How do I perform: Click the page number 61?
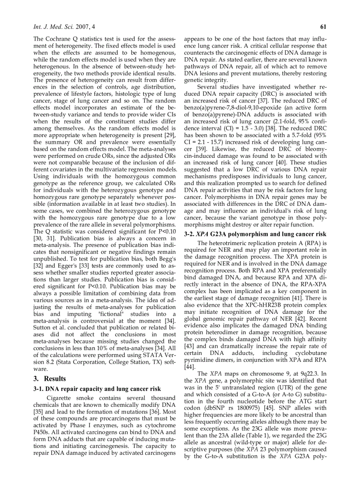tap(322, 27)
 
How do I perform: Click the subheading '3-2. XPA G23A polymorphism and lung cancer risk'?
tap(255, 234)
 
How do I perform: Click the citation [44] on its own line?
tap(189, 366)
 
